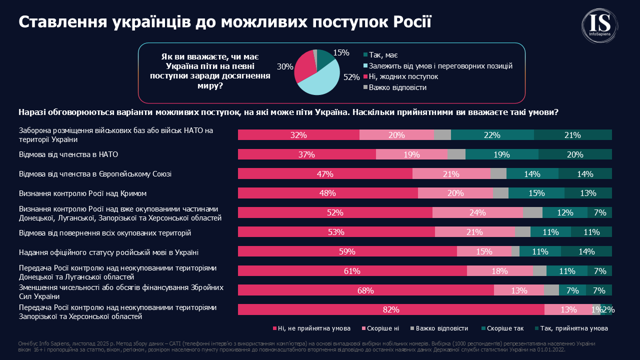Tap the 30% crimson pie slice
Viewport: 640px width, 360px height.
pyautogui.click(x=304, y=67)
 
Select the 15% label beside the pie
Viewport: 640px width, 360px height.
pyautogui.click(x=341, y=52)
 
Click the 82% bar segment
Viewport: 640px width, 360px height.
pyautogui.click(x=391, y=309)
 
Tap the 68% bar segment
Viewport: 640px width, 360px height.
pyautogui.click(x=365, y=290)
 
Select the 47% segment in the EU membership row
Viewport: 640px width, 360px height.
pyautogui.click(x=325, y=174)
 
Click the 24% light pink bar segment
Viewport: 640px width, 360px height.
pyautogui.click(x=477, y=212)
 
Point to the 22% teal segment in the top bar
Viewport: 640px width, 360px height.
pyautogui.click(x=492, y=135)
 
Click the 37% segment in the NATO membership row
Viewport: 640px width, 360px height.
pyautogui.click(x=306, y=154)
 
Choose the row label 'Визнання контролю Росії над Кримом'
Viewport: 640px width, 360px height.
pyautogui.click(x=82, y=193)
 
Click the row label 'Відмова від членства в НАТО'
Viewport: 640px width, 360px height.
pyautogui.click(x=68, y=154)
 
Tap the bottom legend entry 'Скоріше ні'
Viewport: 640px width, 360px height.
pyautogui.click(x=382, y=328)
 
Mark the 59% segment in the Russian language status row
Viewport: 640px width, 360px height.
pyautogui.click(x=347, y=251)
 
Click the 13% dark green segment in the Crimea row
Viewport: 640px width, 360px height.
pyautogui.click(x=588, y=193)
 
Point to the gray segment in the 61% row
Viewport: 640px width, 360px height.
pyautogui.click(x=539, y=271)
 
